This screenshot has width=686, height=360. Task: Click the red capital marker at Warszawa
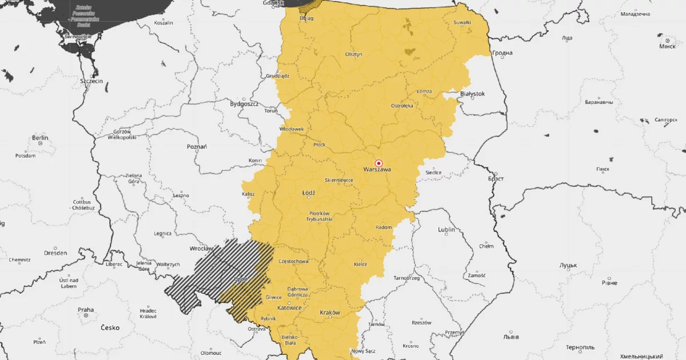coord(378,163)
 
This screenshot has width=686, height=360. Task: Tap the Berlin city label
coord(40,138)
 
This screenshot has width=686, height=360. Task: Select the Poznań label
coord(197,147)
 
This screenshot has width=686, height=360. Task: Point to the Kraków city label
coord(330,313)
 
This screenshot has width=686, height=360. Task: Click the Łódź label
coord(308,193)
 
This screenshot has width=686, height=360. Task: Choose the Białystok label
coord(472,93)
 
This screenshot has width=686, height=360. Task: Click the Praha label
coord(86,310)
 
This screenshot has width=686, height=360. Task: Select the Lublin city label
coord(446,230)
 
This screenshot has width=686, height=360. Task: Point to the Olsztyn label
coord(353,54)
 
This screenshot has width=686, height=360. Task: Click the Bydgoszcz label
coord(244,104)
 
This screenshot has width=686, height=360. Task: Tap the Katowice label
coord(289,307)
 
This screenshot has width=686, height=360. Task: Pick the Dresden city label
coord(55,253)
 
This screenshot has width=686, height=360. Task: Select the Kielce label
coord(360,264)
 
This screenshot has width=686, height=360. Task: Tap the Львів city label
coord(510,337)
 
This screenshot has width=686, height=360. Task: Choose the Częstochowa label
coord(294,261)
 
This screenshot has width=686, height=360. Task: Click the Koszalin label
coord(163,23)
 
